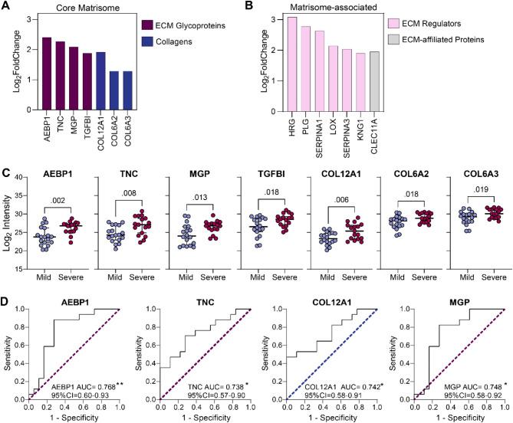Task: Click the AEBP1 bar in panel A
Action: (x=47, y=74)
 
